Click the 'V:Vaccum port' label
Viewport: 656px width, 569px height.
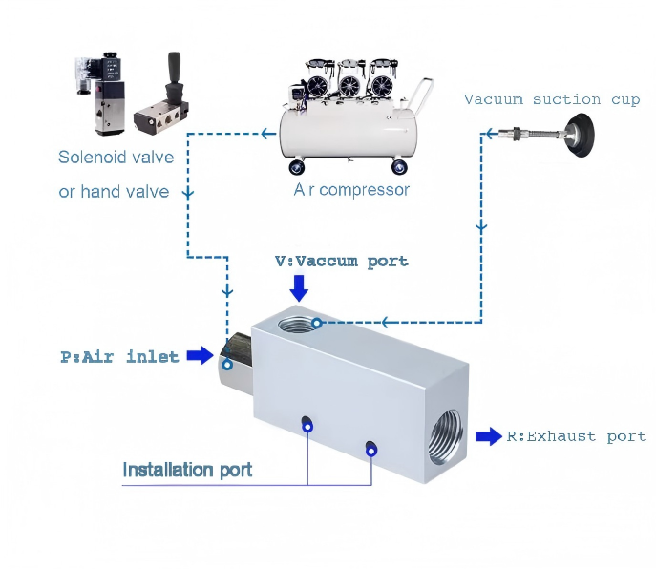341,261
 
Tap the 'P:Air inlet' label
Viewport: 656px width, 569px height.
119,357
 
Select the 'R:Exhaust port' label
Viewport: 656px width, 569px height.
576,436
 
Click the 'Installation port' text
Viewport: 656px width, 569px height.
187,469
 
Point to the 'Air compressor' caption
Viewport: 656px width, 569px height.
351,189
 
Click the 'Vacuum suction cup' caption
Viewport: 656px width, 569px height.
552,99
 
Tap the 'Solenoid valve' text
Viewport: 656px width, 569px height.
116,158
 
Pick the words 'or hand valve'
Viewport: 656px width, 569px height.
114,191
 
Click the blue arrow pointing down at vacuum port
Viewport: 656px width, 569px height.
299,286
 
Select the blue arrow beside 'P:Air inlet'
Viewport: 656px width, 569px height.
200,356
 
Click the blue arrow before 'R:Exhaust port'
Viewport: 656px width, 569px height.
489,436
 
